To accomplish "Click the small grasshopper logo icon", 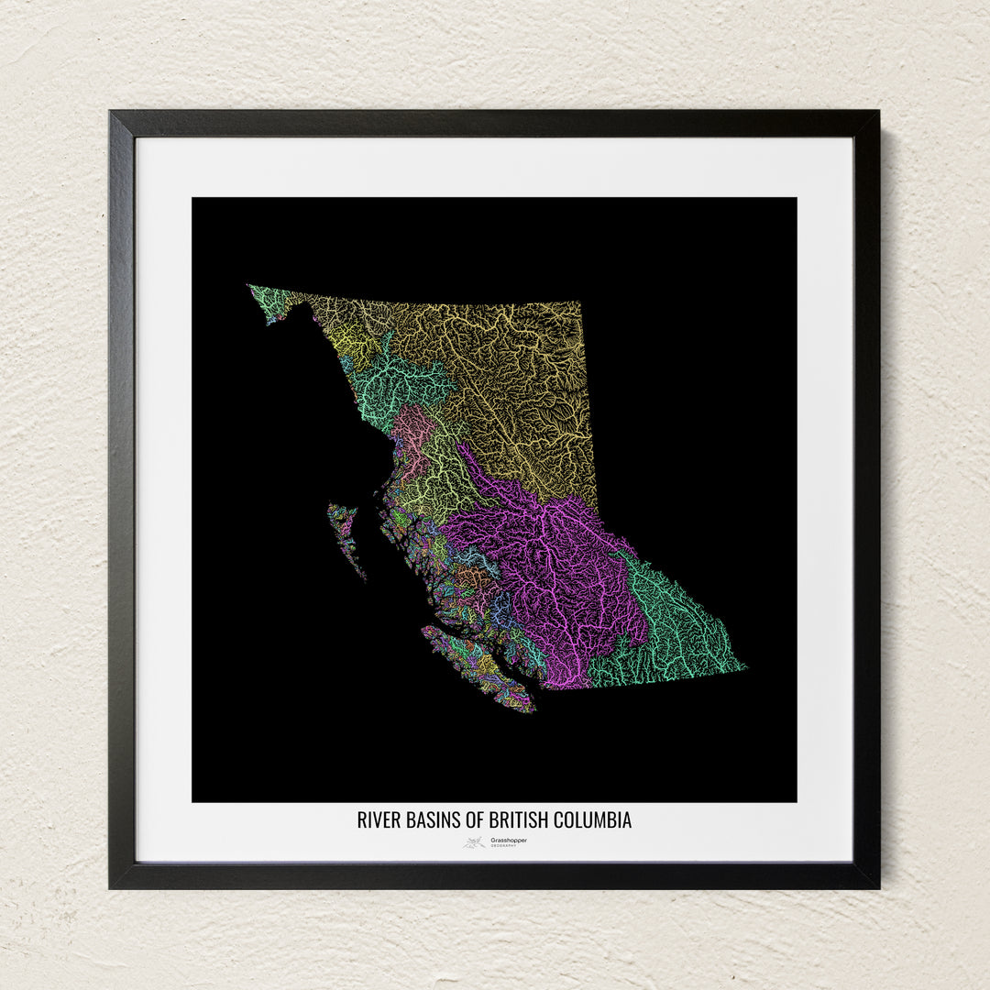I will click(474, 842).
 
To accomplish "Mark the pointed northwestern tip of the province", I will click(249, 287).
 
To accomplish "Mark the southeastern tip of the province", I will click(743, 666).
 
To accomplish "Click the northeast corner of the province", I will click(579, 302).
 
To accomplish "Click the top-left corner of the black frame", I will click(112, 114).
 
